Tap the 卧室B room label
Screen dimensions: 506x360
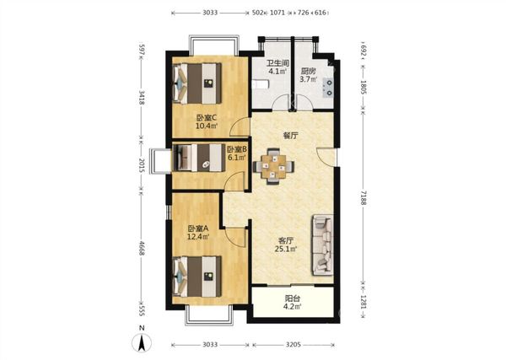pos(237,149)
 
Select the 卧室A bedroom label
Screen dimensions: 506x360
pos(198,228)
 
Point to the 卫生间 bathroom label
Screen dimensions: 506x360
pos(277,63)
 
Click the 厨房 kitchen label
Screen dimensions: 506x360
pos(308,71)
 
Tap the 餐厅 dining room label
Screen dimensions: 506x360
pos(291,136)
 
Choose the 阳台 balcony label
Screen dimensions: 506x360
pos(292,298)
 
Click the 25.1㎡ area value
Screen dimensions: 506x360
pos(286,249)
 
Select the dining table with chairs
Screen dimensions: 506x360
pos(273,166)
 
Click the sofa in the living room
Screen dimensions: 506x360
pos(322,245)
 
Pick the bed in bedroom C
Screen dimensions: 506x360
pos(197,83)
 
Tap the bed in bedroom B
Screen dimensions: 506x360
pos(199,158)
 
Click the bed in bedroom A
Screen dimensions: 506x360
pos(197,277)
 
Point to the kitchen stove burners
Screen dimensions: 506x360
pos(329,88)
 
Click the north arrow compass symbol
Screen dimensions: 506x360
pos(142,342)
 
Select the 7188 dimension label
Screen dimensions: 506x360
pos(363,198)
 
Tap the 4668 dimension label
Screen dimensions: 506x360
pos(141,248)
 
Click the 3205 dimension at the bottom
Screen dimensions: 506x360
pos(293,345)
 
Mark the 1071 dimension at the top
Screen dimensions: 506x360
pos(277,13)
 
